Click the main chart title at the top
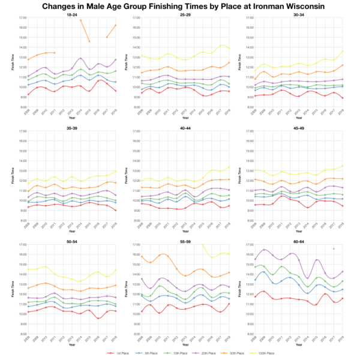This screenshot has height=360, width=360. pyautogui.click(x=180, y=6)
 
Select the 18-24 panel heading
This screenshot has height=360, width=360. pyautogui.click(x=71, y=14)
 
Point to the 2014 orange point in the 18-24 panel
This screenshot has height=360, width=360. pyautogui.click(x=81, y=20)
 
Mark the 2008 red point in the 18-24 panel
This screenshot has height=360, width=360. pyautogui.click(x=28, y=94)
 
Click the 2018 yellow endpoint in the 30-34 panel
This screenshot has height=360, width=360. pyautogui.click(x=342, y=50)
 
